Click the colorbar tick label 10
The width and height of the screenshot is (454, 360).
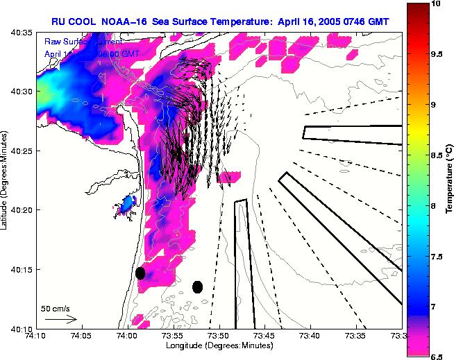pos(436,4)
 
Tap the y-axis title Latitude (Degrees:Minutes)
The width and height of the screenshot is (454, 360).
pos(6,180)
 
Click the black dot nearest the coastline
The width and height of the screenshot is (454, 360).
pos(140,273)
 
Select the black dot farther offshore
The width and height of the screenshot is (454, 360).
pos(197,286)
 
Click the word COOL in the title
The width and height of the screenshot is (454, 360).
pos(92,20)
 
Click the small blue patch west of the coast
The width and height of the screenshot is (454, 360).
pos(127,205)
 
